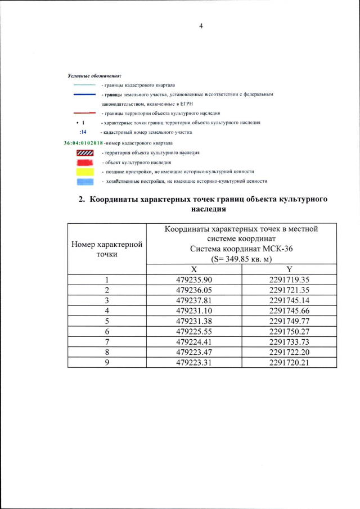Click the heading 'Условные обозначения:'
tap(94, 75)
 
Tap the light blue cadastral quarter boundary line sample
tap(84, 85)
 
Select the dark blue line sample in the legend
tap(84, 94)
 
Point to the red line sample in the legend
tap(84, 113)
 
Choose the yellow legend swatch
tap(84, 171)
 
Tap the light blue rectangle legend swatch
tap(84, 181)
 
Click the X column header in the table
tap(194, 269)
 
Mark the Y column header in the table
tap(289, 269)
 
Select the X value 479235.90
tap(194, 280)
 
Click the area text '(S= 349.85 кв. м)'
tap(241, 259)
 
